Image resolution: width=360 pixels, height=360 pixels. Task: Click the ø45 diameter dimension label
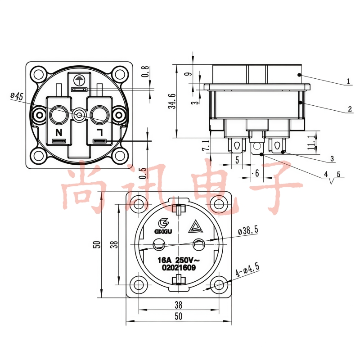coord(17,96)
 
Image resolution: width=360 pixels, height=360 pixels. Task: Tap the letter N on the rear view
coord(59,132)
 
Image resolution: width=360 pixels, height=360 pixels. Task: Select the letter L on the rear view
coord(100,132)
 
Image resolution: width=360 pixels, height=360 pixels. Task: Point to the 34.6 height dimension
coord(173,101)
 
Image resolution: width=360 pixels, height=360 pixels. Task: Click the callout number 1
coord(348,81)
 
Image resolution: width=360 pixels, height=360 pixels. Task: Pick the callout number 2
coord(350,109)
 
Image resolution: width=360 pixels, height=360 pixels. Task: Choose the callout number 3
coord(332,158)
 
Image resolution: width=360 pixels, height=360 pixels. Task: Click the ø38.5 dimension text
coord(248,230)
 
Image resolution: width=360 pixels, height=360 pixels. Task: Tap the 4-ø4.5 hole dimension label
coord(247,270)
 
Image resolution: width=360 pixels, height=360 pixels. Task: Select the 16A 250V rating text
coord(176,260)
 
